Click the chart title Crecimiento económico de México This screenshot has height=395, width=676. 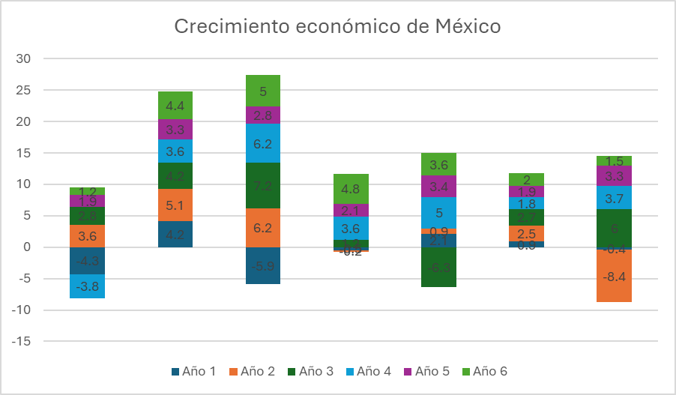(337, 27)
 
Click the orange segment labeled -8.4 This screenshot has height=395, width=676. (615, 276)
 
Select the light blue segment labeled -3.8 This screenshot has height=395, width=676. (87, 286)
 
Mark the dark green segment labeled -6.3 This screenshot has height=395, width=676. (439, 268)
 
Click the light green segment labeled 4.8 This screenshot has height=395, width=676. (351, 189)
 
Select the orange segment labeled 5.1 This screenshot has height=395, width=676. (175, 205)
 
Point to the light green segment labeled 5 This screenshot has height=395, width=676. (263, 91)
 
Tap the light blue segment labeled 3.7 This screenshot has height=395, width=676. (615, 197)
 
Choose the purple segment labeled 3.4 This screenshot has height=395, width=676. (439, 187)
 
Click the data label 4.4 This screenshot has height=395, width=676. (175, 106)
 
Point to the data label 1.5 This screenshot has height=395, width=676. (615, 161)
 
